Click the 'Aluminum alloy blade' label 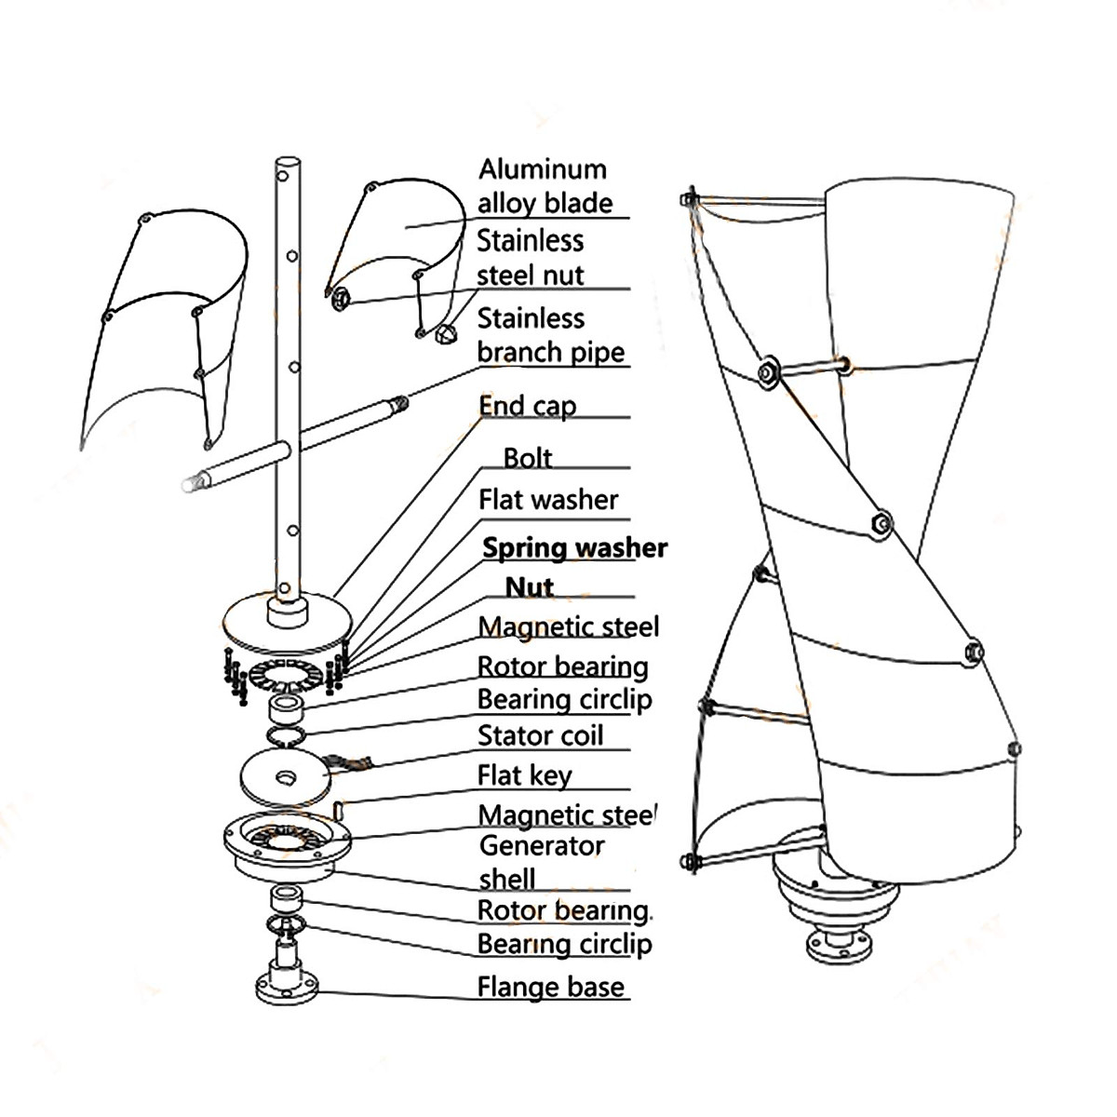pyautogui.click(x=545, y=186)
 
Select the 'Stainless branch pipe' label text pyautogui.click(x=549, y=335)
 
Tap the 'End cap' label pyautogui.click(x=527, y=406)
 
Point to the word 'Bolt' pyautogui.click(x=527, y=458)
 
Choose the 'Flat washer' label pyautogui.click(x=548, y=500)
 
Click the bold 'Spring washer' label pyautogui.click(x=574, y=547)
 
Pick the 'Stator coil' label pyautogui.click(x=540, y=735)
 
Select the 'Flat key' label pyautogui.click(x=524, y=774)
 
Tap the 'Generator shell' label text pyautogui.click(x=540, y=862)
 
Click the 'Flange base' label pyautogui.click(x=550, y=987)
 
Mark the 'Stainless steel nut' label pyautogui.click(x=530, y=258)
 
